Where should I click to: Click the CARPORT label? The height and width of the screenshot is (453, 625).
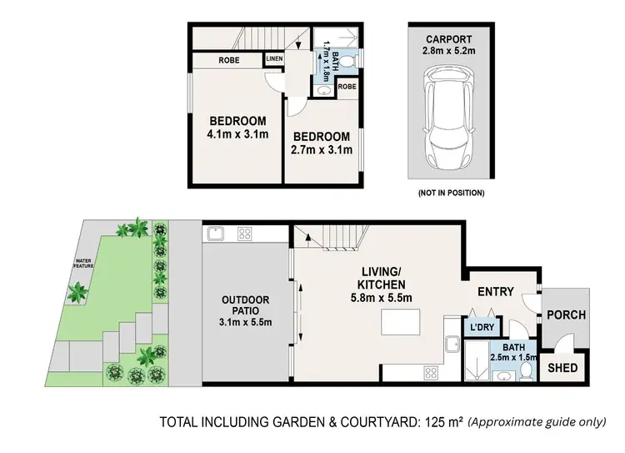tap(450, 38)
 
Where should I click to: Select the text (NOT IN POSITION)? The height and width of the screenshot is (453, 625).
tap(450, 193)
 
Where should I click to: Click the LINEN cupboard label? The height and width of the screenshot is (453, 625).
tap(274, 59)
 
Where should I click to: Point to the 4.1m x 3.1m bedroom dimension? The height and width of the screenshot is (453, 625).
tap(237, 134)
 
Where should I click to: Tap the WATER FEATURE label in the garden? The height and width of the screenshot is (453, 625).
tap(83, 263)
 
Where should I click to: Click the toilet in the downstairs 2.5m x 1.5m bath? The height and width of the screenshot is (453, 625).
tap(527, 373)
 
